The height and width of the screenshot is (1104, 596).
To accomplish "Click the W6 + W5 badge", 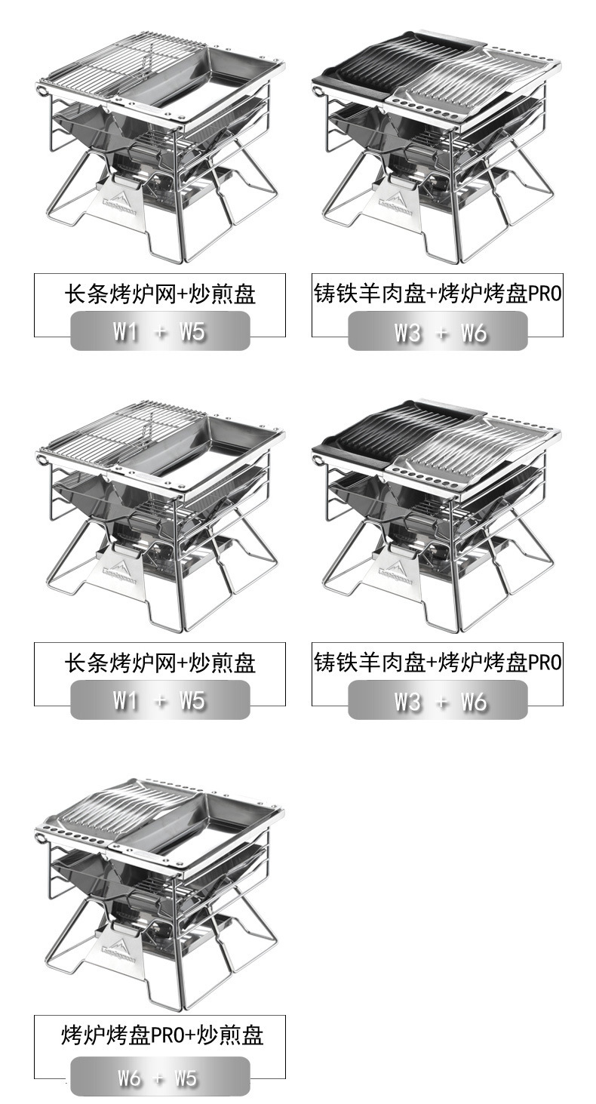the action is (x=160, y=1076).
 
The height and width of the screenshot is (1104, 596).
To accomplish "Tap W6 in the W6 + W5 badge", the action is (x=130, y=1078).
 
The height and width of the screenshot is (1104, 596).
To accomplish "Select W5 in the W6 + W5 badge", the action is (x=186, y=1078).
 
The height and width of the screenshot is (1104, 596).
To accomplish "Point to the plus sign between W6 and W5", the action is (x=158, y=1078).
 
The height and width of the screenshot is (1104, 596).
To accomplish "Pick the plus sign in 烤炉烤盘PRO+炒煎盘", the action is (x=190, y=1035).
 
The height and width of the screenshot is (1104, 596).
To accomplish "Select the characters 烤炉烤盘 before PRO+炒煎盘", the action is (x=106, y=1035).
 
